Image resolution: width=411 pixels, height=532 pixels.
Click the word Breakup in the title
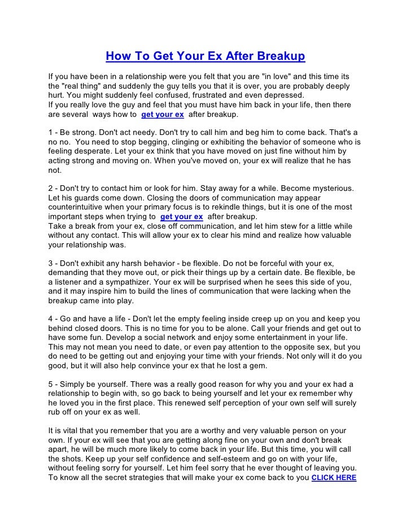pos(281,57)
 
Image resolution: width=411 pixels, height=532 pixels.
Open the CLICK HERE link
pos(334,477)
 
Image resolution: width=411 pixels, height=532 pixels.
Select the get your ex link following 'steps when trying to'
pos(182,216)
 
